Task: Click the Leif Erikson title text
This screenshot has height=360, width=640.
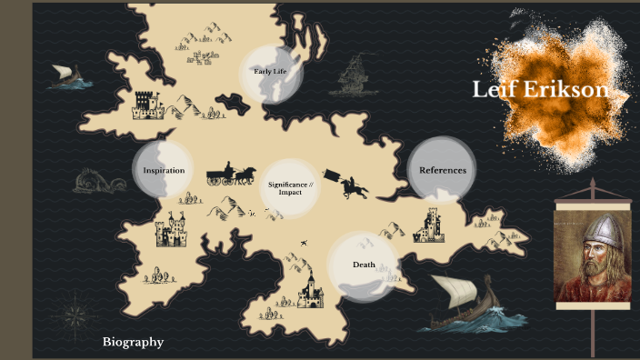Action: click(540, 90)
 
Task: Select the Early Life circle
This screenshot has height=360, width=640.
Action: click(270, 72)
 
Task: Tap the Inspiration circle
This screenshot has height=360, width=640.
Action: click(164, 170)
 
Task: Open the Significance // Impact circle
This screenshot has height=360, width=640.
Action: click(290, 188)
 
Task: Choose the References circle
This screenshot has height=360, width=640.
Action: click(442, 170)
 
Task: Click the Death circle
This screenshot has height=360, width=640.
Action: click(363, 265)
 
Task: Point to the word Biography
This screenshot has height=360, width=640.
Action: click(133, 342)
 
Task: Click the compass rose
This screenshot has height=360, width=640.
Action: click(75, 316)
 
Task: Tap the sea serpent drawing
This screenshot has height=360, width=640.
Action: click(101, 182)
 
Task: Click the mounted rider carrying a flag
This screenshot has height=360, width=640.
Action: click(350, 185)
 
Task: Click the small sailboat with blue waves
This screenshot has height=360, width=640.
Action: click(68, 76)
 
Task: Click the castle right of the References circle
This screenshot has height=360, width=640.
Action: click(429, 225)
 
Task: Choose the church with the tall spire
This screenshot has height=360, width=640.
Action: click(310, 289)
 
